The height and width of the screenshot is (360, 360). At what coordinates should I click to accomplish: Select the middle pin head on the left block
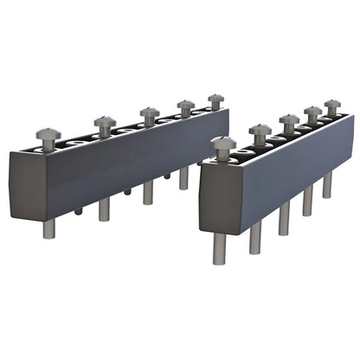pos(149,112)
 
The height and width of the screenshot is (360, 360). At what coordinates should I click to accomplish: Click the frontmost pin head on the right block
pos(223,144)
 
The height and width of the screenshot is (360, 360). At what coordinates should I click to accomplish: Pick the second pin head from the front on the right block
pos(260,132)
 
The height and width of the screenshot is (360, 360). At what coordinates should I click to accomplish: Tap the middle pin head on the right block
pos(289,120)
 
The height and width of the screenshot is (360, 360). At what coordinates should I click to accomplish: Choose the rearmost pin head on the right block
pos(332,105)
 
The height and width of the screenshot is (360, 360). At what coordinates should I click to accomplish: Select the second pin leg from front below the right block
pos(255,239)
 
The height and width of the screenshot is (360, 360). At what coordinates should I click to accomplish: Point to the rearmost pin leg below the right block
pos(327,184)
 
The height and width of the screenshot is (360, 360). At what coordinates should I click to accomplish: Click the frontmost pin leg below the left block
pos(49,228)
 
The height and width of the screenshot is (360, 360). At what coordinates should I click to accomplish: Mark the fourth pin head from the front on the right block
pos(312,112)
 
